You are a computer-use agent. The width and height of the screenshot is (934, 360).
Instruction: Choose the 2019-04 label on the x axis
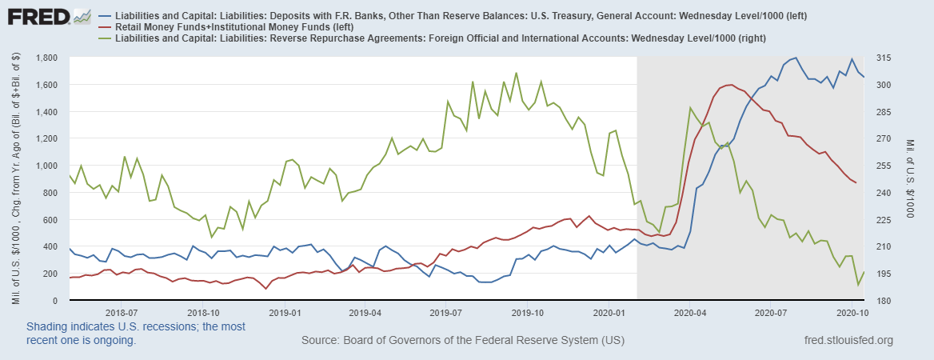tap(363, 312)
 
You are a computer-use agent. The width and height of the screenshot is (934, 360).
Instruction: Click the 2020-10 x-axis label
tap(852, 312)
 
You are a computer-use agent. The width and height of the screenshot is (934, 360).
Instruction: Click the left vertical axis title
tap(16, 178)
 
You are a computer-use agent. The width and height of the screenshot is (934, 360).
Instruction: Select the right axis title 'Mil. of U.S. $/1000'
tap(911, 178)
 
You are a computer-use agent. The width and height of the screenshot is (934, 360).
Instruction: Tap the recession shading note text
tap(136, 334)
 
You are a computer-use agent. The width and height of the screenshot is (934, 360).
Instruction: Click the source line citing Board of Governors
tap(463, 341)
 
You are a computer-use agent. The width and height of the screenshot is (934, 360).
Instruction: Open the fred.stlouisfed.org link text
tap(848, 341)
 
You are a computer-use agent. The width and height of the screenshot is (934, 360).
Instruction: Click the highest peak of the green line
tap(516, 73)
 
